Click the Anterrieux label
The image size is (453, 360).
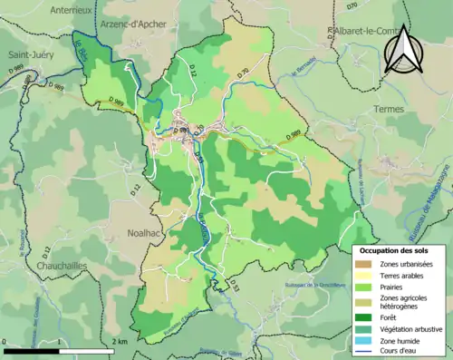pyautogui.click(x=51, y=10)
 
